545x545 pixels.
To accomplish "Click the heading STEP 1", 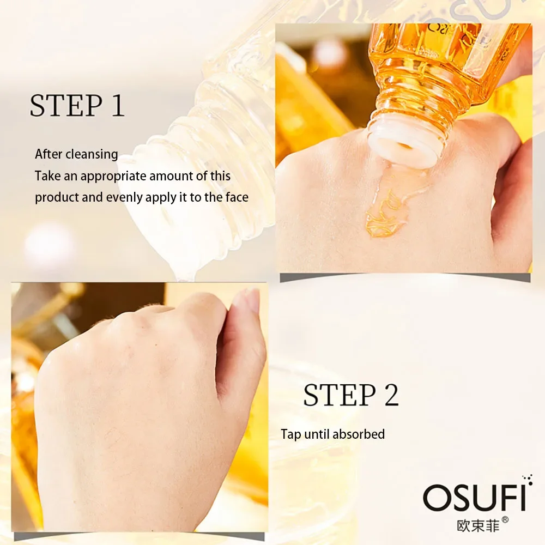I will (x=77, y=106).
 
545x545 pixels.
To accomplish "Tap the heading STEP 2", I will (x=350, y=395).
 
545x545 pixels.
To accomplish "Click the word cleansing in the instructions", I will (x=92, y=154).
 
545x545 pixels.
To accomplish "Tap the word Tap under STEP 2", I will (x=290, y=434).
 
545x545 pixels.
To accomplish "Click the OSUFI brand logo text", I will (x=474, y=498).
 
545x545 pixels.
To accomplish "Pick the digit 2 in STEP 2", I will (x=390, y=395).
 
